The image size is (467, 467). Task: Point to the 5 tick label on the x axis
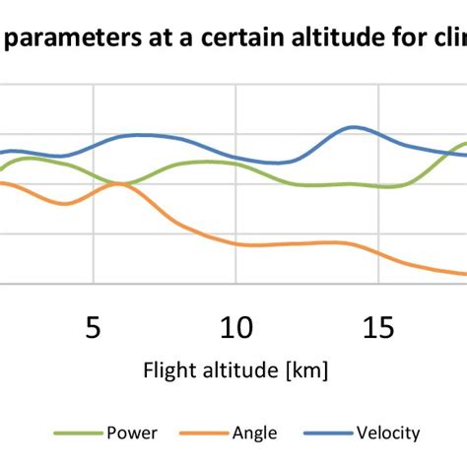point(93,327)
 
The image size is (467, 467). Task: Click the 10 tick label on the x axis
point(235,327)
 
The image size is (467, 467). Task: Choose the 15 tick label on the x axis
point(379,327)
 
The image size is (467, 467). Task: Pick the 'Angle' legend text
point(254,433)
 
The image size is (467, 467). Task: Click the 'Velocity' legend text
point(387,433)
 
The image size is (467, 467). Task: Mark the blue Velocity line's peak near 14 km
point(351,127)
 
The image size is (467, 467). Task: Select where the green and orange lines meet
point(119,183)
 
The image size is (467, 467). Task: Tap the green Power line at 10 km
point(235,165)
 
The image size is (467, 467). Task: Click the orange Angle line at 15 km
point(379,252)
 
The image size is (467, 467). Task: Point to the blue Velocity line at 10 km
point(235,156)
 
